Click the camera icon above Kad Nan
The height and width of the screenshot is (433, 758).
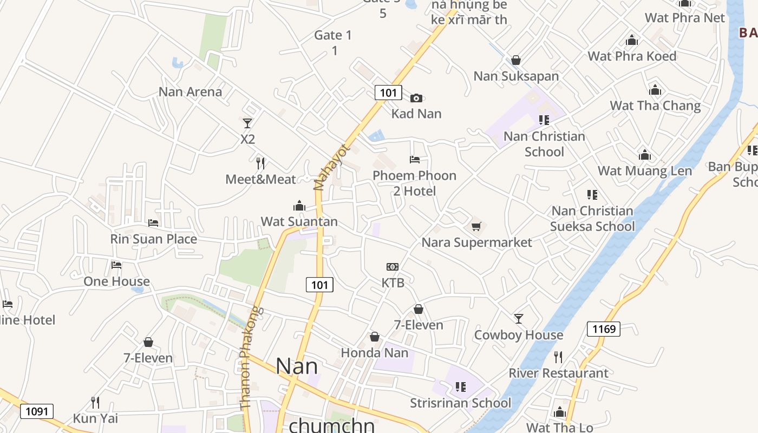point(416,98)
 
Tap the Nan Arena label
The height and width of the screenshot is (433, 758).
point(190,91)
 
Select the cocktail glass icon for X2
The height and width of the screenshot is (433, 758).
point(247,123)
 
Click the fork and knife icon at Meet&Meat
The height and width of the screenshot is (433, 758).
point(260,163)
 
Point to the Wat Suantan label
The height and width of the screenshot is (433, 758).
point(299,221)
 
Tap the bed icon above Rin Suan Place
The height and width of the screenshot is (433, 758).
point(153,222)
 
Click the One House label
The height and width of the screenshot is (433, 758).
point(116,281)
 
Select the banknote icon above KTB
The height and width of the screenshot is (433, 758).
point(393,267)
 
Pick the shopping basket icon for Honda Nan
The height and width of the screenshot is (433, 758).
point(374,337)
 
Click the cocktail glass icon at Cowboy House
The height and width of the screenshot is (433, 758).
point(519,319)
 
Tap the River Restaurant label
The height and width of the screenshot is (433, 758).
point(558,373)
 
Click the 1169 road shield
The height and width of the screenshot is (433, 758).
point(604,329)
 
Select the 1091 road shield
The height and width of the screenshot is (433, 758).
point(37,411)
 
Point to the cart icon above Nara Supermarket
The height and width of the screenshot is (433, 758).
point(476,226)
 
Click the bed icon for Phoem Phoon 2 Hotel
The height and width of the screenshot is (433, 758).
point(415,160)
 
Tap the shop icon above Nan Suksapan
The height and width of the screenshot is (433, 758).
point(516,60)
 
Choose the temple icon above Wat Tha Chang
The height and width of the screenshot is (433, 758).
point(655,90)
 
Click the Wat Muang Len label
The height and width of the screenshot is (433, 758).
point(644,170)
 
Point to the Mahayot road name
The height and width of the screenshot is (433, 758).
point(332,167)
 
